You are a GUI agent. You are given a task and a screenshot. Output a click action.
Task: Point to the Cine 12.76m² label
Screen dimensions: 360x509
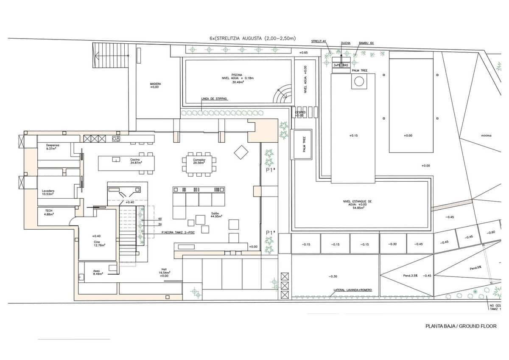97,243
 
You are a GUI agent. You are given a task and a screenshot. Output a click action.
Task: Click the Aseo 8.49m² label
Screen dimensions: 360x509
97,271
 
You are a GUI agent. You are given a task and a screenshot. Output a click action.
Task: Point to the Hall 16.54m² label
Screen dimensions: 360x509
164,272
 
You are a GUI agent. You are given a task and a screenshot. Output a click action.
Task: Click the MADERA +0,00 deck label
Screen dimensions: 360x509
155,85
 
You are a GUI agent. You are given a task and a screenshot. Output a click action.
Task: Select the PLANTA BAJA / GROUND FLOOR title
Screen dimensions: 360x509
461,326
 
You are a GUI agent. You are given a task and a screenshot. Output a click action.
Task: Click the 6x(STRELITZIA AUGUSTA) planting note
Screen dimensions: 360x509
252,38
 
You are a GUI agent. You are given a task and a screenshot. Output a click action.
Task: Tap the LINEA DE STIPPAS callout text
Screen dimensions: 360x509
214,98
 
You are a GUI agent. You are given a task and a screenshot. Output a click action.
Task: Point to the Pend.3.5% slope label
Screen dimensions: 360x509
410,276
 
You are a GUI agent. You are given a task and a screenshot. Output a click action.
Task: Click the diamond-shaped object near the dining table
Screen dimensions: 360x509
241,152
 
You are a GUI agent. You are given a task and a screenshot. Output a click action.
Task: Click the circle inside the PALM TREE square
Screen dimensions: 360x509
359,81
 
